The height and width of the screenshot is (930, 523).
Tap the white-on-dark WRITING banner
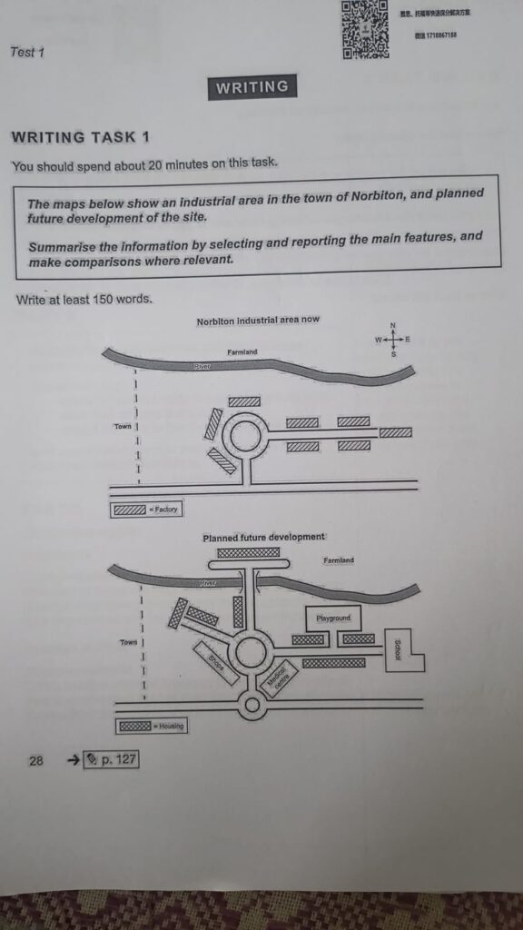[x=252, y=87]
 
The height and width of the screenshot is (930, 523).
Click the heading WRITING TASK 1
[x=80, y=138]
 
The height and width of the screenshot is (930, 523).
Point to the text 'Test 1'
[x=27, y=53]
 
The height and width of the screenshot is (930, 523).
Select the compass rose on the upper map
[x=392, y=339]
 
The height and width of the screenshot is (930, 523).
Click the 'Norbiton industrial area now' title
[x=258, y=321]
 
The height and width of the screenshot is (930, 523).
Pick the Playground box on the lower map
[x=333, y=618]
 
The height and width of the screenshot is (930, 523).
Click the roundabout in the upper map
[x=244, y=436]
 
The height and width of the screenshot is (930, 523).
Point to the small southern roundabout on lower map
[x=252, y=705]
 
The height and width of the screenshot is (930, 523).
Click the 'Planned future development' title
[x=264, y=538]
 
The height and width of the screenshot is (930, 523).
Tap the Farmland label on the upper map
[x=242, y=351]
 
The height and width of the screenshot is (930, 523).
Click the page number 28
[x=36, y=760]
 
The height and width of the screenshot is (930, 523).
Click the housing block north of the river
[x=241, y=552]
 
